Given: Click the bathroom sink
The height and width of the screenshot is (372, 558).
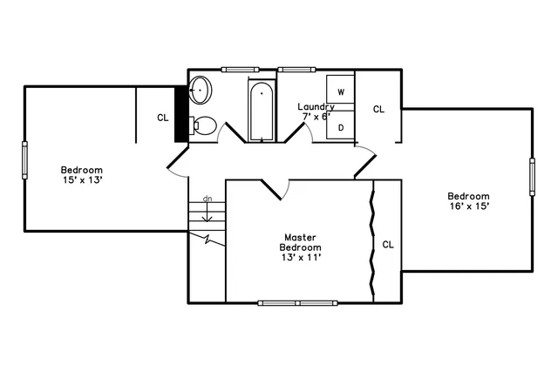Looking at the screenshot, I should click(x=201, y=89).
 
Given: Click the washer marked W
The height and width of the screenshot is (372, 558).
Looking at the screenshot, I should click(x=341, y=91).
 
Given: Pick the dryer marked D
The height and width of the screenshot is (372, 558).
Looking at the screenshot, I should click(x=341, y=126).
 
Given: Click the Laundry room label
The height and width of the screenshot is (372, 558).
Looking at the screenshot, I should click(x=316, y=106).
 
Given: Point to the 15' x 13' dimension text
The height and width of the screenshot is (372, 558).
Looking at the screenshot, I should click(x=82, y=179).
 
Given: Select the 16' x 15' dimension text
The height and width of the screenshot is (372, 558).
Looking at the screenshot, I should click(x=468, y=206).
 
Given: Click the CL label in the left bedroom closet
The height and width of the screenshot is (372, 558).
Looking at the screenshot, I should click(x=162, y=117).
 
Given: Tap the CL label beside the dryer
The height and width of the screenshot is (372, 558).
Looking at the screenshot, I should click(x=378, y=109).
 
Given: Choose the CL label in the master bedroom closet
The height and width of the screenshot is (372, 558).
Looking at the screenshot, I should click(x=388, y=245).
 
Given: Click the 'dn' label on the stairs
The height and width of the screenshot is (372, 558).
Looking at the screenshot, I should click(x=208, y=199).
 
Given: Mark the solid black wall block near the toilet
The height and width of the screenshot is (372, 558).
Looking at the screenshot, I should click(x=181, y=111).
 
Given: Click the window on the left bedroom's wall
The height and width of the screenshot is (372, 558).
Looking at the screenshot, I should click(x=24, y=159).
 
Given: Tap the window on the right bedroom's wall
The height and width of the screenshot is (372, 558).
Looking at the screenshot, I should click(x=531, y=177).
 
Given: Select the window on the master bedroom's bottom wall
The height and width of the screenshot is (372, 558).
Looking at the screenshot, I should click(x=299, y=303).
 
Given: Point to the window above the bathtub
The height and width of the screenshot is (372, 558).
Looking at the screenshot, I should click(x=240, y=69).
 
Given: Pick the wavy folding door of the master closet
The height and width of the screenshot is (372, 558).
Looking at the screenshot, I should click(x=373, y=240).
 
